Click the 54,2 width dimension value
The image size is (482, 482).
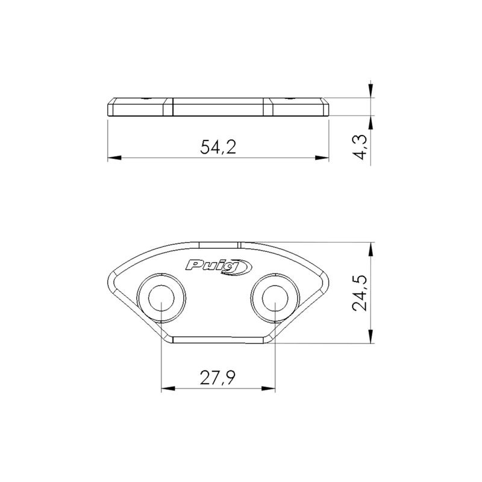(218, 147)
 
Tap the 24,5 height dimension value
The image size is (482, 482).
(360, 293)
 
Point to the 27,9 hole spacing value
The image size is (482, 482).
(218, 378)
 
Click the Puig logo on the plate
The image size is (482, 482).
(219, 267)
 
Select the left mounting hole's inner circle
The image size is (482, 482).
(161, 298)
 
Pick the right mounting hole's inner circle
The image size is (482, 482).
(275, 298)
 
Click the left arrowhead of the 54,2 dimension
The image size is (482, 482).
(114, 158)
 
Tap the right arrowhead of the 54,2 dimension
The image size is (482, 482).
(322, 158)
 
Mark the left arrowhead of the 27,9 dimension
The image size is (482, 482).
(168, 389)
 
